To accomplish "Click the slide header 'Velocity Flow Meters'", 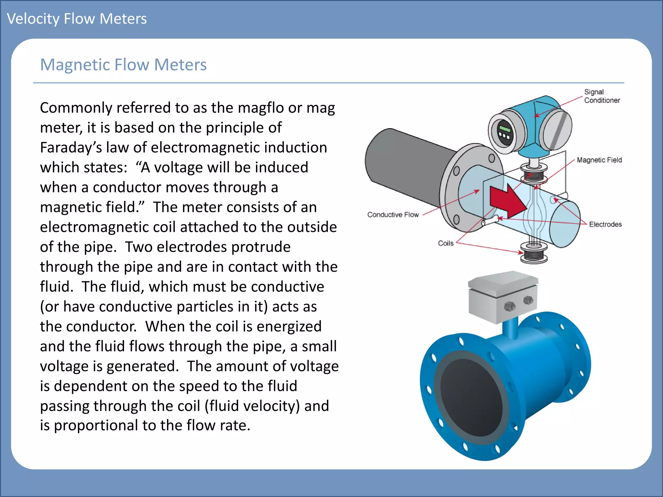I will point(77,19).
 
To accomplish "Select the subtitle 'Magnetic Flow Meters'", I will point(123,65).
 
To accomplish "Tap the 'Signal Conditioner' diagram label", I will point(601,96).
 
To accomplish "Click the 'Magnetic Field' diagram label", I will point(599,160).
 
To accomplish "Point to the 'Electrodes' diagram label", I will point(605,224).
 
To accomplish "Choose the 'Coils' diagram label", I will point(445,243).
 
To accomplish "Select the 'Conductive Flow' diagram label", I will point(393,215).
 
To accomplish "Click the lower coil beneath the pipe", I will point(534,254).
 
